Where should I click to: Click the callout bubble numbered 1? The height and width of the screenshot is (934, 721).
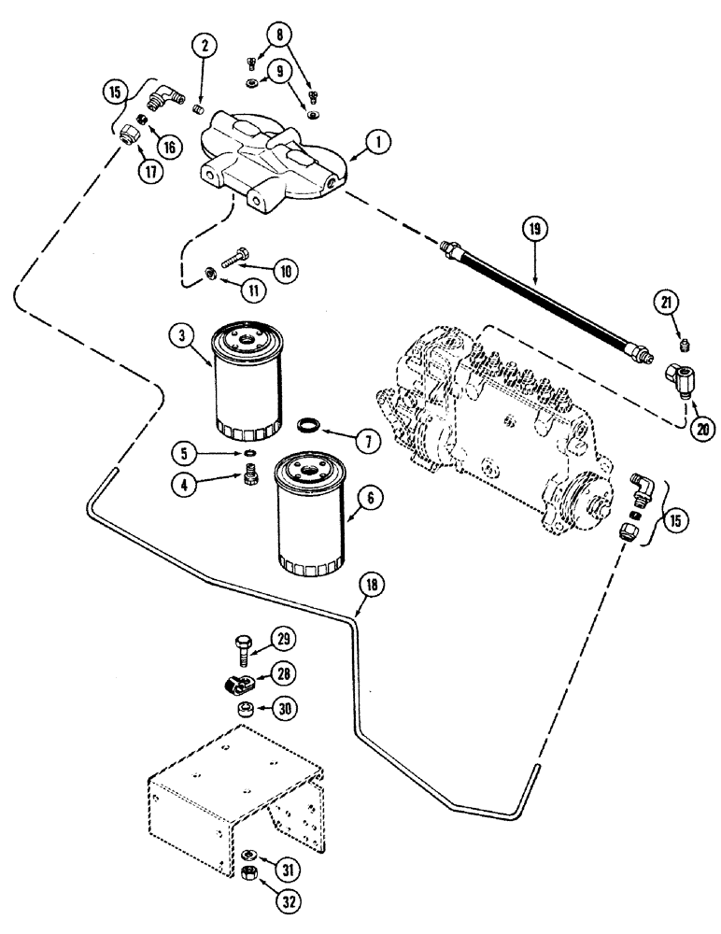[x=377, y=143]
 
